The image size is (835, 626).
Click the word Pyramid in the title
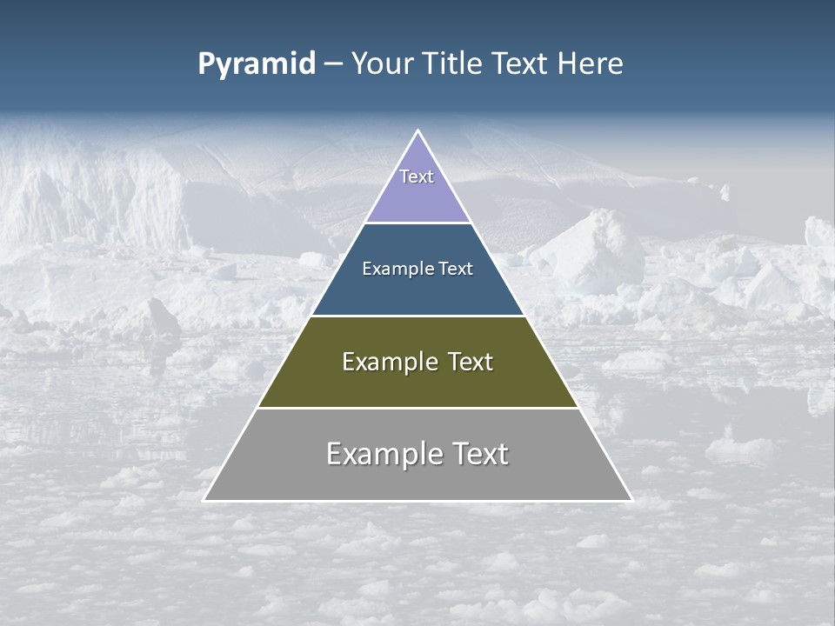[x=256, y=64]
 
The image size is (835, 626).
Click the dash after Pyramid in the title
[x=333, y=64]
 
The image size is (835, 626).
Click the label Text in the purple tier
[x=417, y=176]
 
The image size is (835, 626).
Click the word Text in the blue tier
[x=457, y=269]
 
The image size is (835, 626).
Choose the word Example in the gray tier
[x=385, y=454]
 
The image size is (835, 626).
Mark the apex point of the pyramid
[x=417, y=131]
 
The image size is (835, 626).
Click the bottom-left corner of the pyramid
[x=204, y=500]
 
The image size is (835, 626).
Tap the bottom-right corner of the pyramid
[x=631, y=500]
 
